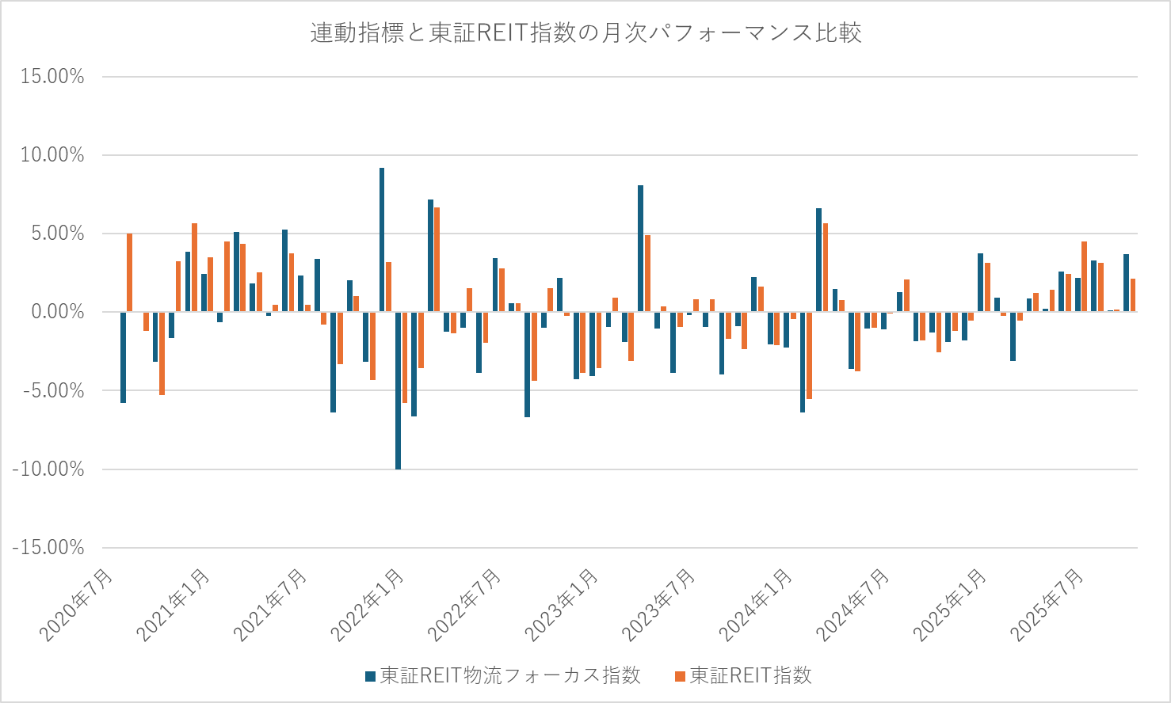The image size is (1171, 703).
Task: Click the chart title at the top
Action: coord(585,33)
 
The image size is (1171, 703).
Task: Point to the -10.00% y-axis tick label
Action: coord(49,469)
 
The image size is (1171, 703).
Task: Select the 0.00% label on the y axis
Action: coord(57,312)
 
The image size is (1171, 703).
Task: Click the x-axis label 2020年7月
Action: coord(77,606)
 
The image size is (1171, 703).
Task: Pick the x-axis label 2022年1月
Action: coord(368,606)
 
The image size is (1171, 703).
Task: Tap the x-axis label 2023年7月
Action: coord(659,606)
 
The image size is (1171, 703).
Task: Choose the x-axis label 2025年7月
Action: coord(1047,606)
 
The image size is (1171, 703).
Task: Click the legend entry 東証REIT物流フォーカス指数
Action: coord(502,675)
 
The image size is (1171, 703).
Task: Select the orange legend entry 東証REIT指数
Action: coord(743,675)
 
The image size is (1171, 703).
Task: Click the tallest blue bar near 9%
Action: coord(382,240)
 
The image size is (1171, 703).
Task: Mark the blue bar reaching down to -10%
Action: coord(398,390)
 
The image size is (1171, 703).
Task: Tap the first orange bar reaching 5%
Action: coord(130,273)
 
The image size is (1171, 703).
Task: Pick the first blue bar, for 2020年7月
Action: coord(124,357)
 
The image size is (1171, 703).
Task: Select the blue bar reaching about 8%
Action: coord(640,249)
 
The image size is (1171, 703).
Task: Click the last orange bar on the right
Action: coord(1133,295)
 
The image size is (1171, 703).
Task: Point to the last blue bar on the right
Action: coord(1126,283)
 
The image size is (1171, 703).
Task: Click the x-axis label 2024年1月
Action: coord(756,606)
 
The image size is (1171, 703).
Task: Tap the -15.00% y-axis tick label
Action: coord(49,548)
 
